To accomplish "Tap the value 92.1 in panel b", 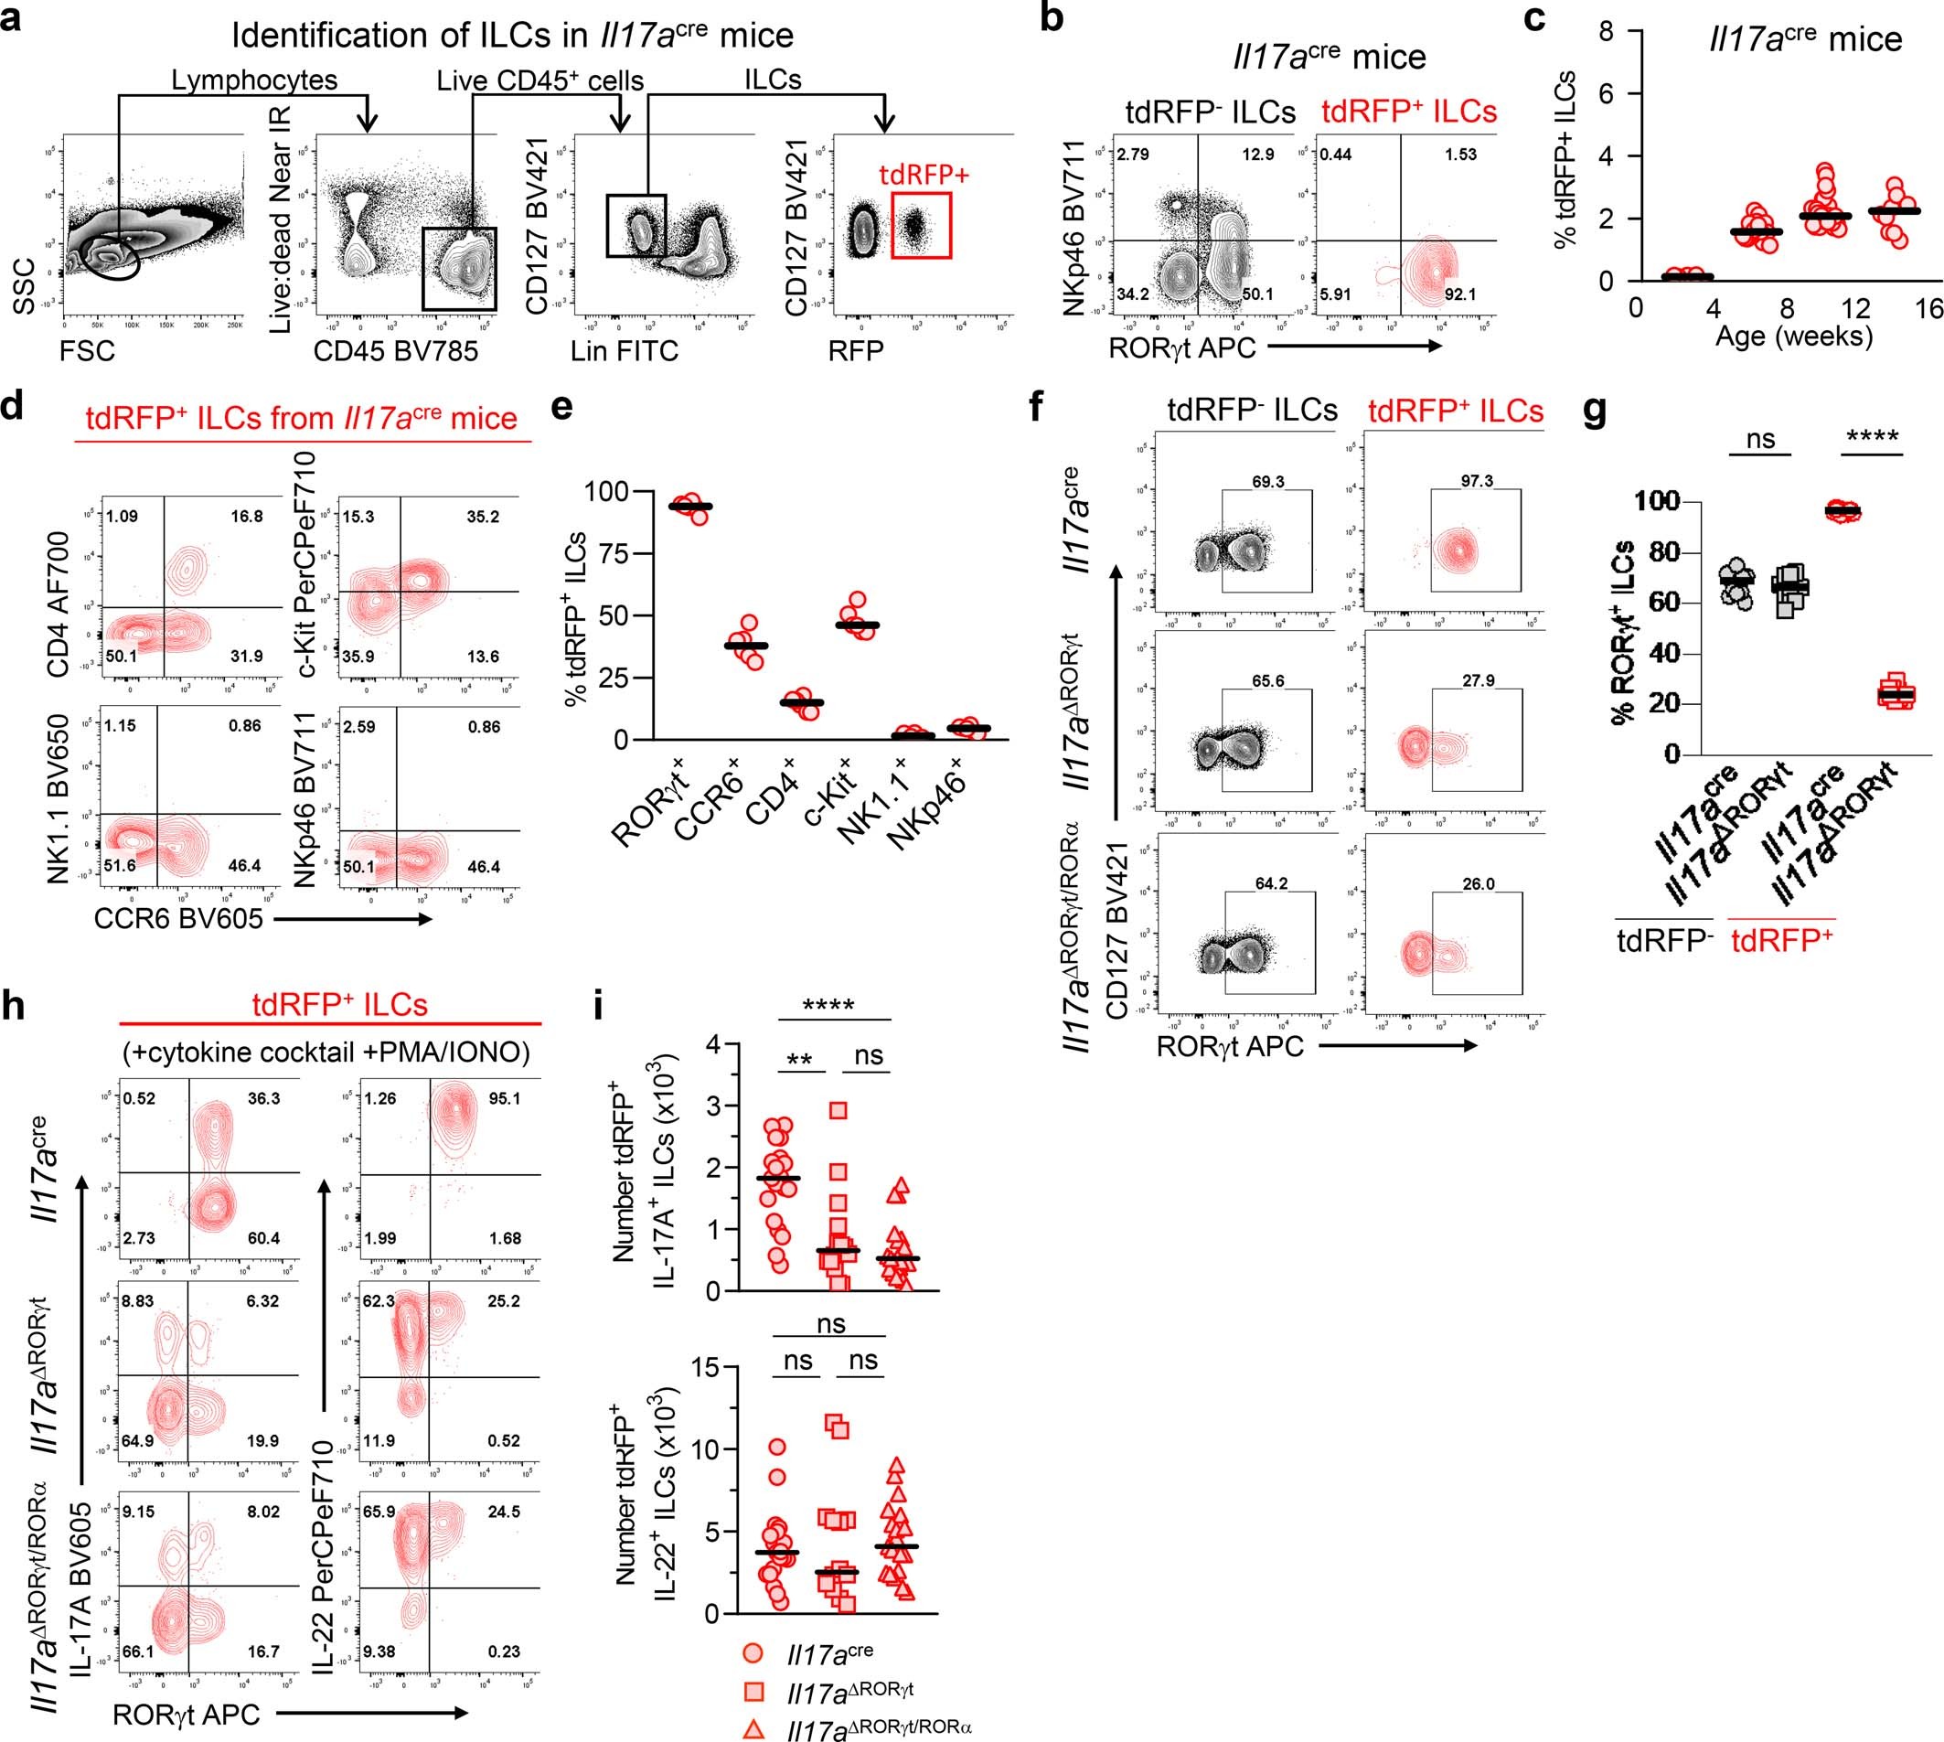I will [1459, 294].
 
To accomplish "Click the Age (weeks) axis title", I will [1794, 336].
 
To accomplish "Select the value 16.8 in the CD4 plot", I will [246, 516].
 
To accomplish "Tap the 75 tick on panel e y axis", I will [608, 553].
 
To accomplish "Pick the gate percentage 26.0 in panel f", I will [1478, 882].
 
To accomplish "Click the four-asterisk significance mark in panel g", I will [1871, 438].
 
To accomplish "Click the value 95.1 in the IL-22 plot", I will [504, 1098].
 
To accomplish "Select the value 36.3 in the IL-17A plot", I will [263, 1098].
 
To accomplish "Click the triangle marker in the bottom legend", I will [753, 1728].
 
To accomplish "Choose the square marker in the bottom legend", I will [753, 1692].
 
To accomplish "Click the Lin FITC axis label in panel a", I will [624, 351].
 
